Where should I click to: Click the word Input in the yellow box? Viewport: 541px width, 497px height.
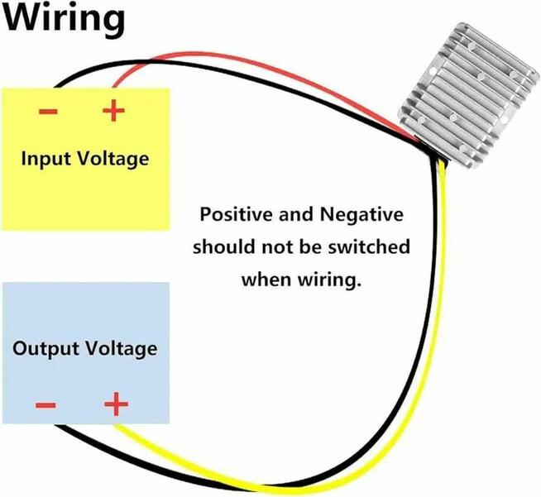coord(49,158)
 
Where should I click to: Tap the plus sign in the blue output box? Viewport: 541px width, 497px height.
coord(117,404)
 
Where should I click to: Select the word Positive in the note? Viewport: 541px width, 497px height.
coord(237,216)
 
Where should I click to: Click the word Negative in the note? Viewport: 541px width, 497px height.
coord(363,216)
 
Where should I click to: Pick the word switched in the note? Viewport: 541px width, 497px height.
coord(372,247)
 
